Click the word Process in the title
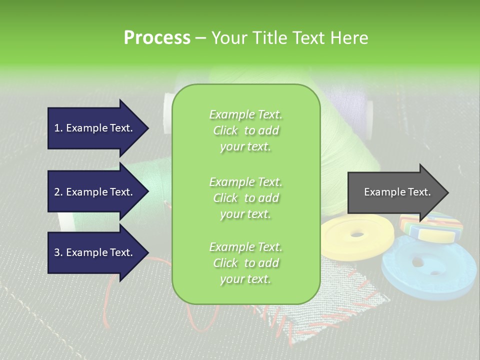point(157,38)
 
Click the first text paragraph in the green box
point(245,130)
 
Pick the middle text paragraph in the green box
point(245,198)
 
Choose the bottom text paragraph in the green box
point(245,263)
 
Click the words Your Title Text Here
point(289,38)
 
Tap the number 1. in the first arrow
point(58,128)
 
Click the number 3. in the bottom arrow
point(58,252)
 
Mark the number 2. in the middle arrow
point(58,192)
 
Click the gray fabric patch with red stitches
point(350,300)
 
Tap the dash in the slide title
point(201,38)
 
